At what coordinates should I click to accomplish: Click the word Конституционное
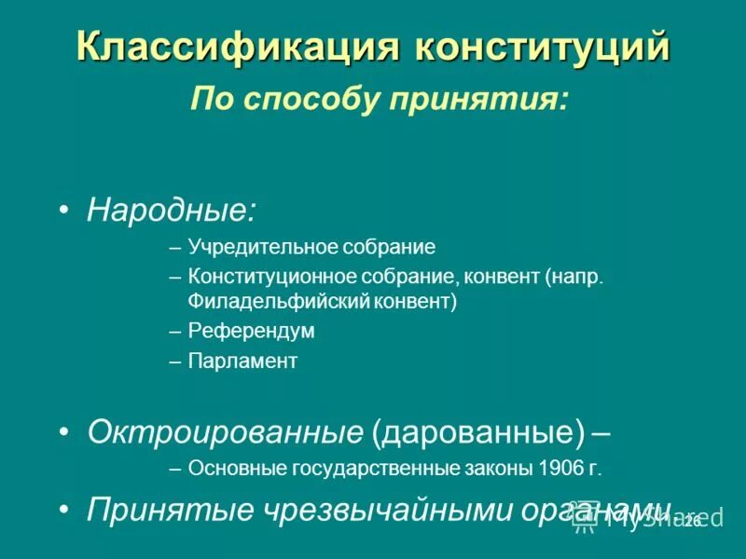[265, 278]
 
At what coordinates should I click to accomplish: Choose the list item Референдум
[252, 332]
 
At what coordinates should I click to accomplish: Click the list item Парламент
[242, 361]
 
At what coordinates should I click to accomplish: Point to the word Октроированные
[225, 431]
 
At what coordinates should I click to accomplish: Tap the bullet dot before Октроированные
[62, 431]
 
